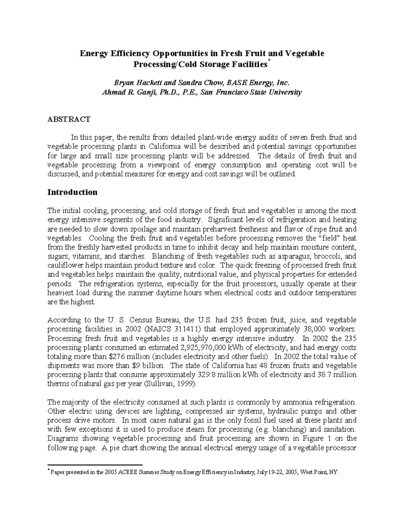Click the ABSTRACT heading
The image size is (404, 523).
69,119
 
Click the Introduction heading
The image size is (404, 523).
72,192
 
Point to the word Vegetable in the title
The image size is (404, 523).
305,54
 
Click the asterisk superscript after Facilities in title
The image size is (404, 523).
268,61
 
